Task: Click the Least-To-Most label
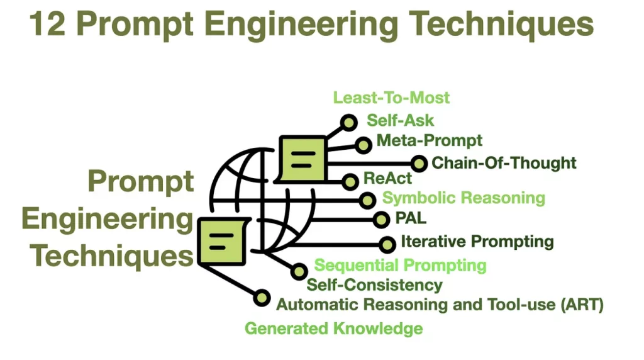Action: click(x=391, y=98)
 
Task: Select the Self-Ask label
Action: click(x=400, y=120)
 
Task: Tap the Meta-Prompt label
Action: click(x=429, y=140)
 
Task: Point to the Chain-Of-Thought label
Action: click(x=504, y=163)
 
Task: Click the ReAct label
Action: click(x=388, y=179)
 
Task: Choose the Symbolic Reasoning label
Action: click(x=464, y=198)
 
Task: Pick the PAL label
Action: click(x=411, y=219)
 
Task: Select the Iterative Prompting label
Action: click(x=477, y=242)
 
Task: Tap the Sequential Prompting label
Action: click(x=400, y=265)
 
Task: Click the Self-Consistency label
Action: click(x=374, y=285)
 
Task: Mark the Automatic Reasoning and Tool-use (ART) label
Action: click(x=440, y=305)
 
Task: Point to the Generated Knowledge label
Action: click(x=333, y=329)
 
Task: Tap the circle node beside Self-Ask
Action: click(x=348, y=122)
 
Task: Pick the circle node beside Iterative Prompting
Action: click(x=387, y=244)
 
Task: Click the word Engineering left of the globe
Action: click(x=107, y=220)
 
